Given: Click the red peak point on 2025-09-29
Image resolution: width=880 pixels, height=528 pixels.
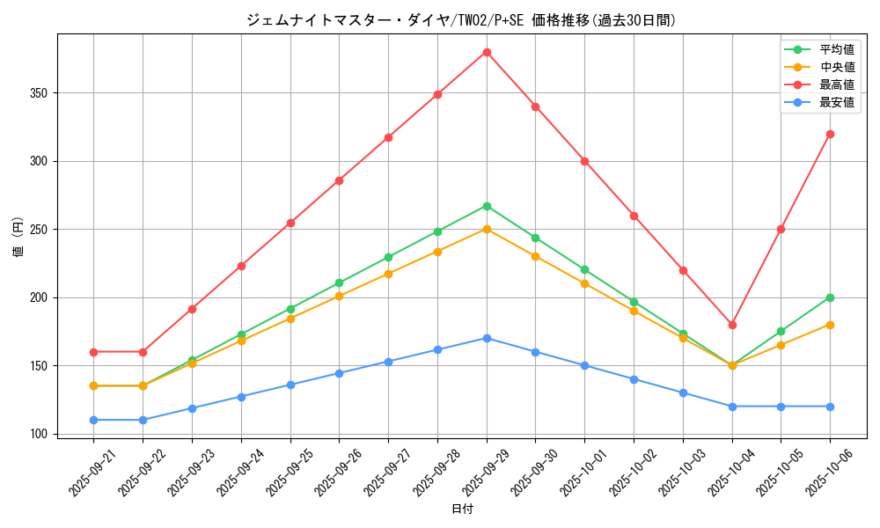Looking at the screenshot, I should [x=487, y=52].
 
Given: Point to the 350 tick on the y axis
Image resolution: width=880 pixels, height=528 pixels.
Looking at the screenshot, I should [x=39, y=93].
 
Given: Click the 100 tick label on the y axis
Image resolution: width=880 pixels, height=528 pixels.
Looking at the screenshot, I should [x=39, y=434].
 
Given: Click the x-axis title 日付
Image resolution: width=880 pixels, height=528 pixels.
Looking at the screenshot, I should [x=462, y=510].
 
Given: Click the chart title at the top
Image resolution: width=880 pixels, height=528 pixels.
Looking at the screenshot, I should [x=461, y=20].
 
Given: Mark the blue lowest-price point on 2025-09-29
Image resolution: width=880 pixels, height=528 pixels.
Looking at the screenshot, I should [x=487, y=338].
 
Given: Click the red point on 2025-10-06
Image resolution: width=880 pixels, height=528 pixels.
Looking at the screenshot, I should [x=830, y=134].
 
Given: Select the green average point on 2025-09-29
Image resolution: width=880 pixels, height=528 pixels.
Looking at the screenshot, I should [x=487, y=206].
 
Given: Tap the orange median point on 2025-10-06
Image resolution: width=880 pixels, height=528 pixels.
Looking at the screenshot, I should [x=830, y=325].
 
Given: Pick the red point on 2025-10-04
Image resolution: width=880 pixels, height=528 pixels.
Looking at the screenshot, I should [x=732, y=325].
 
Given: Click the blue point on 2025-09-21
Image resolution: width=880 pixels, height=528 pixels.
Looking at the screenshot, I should [x=94, y=420].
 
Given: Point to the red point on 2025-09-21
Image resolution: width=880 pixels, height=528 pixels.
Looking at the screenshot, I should [x=94, y=352].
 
